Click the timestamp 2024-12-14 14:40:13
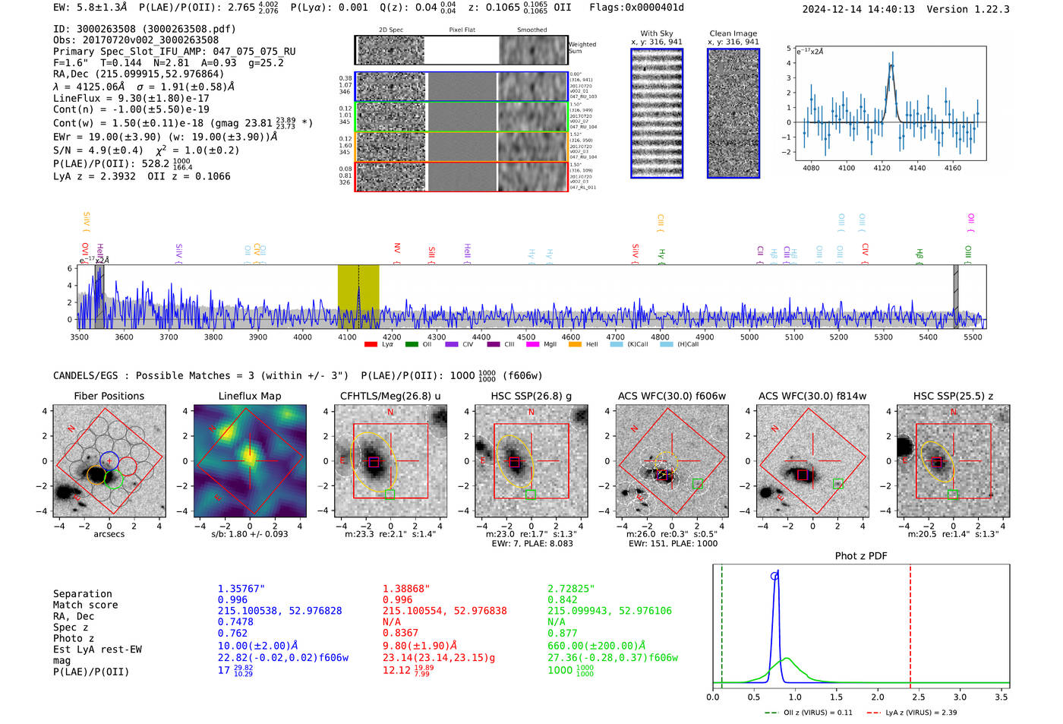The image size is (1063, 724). click(858, 9)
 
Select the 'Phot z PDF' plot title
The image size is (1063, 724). click(861, 556)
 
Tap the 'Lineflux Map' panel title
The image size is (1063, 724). click(250, 396)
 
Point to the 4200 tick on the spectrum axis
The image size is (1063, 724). click(392, 337)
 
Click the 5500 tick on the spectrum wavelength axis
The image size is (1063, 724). click(973, 337)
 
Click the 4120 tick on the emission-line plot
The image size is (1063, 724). click(882, 168)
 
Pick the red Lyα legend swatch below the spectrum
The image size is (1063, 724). click(371, 345)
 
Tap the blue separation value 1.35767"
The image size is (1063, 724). click(241, 589)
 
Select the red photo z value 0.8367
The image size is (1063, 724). click(400, 633)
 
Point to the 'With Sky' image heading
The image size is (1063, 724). click(657, 33)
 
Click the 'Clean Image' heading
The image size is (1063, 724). click(733, 33)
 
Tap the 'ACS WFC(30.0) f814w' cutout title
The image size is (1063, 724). click(812, 396)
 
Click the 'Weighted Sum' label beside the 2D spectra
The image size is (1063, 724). click(582, 47)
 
